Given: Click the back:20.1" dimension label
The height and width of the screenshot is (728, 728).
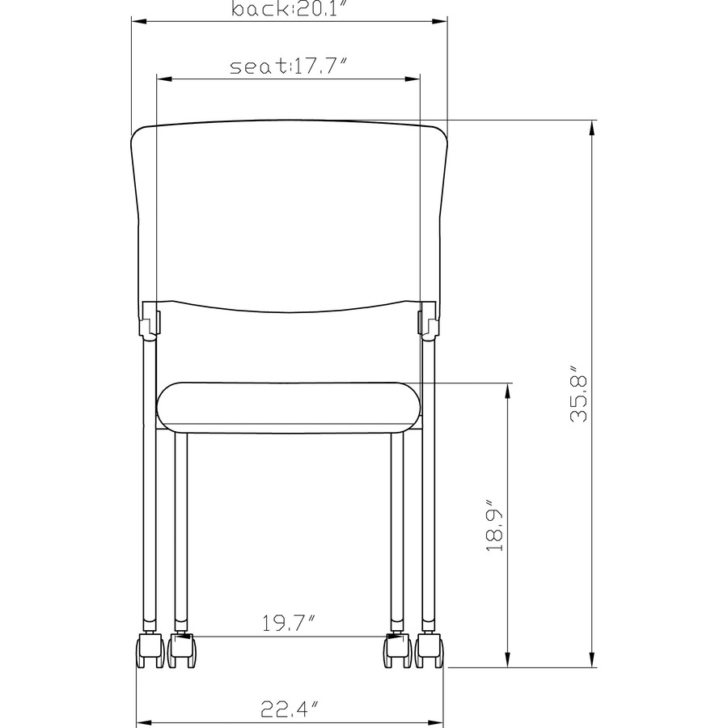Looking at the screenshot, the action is click(290, 8).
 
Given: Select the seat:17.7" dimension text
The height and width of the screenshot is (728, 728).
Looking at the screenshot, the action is click(289, 66).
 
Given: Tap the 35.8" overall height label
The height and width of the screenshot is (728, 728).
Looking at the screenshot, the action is click(579, 393).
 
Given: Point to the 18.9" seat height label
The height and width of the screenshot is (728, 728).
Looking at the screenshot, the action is click(495, 525).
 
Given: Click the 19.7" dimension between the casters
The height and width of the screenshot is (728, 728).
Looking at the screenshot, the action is click(290, 623).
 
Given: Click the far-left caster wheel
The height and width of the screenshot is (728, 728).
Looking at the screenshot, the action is click(150, 650).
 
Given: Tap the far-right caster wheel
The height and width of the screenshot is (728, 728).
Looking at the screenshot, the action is click(430, 650).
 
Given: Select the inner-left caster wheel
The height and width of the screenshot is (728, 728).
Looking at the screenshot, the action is click(181, 650).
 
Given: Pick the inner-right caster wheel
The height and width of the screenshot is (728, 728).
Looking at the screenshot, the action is click(397, 650).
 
